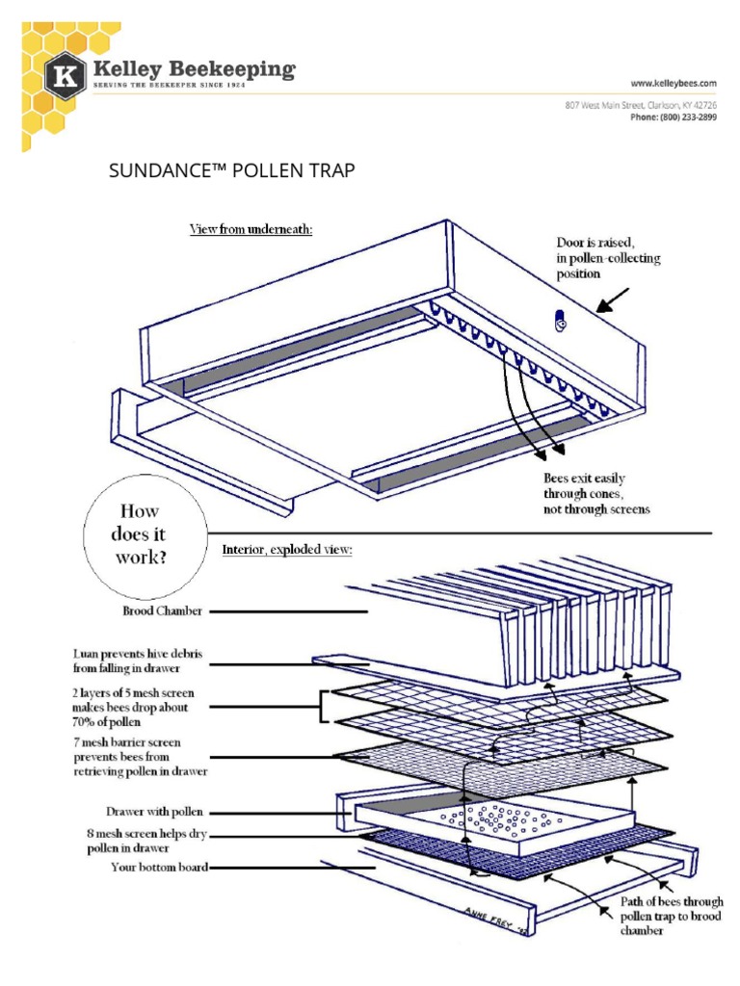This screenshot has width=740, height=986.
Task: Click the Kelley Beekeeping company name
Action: coord(193,70)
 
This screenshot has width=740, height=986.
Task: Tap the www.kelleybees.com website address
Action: coord(674,85)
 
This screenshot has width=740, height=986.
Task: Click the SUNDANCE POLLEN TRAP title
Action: coord(232,171)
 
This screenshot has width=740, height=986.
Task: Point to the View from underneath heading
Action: coord(251,229)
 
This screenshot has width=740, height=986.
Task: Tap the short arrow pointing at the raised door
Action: coord(612,300)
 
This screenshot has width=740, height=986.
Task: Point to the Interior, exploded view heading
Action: coord(281,550)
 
